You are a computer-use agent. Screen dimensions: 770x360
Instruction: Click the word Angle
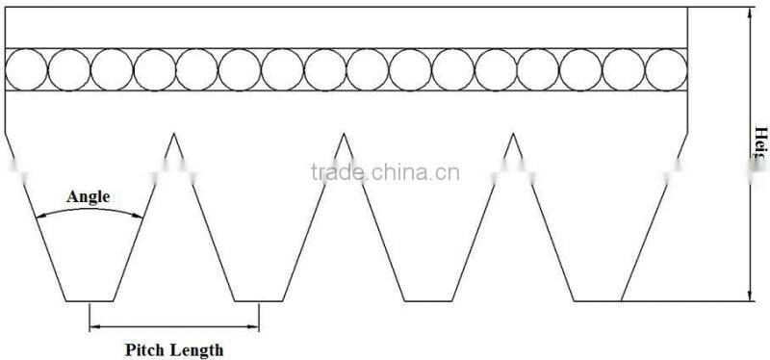pos(89,197)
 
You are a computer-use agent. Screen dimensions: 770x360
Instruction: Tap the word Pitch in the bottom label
pos(146,350)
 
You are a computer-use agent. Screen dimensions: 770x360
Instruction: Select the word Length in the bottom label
pos(197,350)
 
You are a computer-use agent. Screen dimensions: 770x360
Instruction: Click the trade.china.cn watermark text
pos(385,173)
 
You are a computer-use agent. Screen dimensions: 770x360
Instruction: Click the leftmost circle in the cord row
pos(26,69)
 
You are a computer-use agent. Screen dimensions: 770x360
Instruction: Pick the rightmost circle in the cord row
pos(666,69)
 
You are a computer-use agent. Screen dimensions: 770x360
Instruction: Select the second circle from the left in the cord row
pos(68,69)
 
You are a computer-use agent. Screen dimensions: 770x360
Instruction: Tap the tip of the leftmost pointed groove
pos(173,133)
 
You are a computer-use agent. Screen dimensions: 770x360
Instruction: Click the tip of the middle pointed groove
pos(344,133)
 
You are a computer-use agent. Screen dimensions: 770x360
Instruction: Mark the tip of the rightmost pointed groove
pos(513,133)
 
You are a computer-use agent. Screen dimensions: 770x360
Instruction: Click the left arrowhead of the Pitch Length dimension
pos(93,328)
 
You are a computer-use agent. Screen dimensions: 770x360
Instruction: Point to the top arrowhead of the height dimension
pos(750,12)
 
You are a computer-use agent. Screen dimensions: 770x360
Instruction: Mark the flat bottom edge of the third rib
pos(428,300)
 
